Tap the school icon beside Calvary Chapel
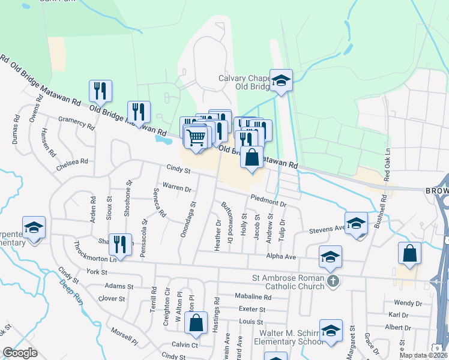click(280, 80)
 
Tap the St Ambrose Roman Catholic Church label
click(288, 281)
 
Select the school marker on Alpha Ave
click(330, 257)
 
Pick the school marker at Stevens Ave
click(356, 223)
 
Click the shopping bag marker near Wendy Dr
click(409, 253)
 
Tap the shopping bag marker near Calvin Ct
click(196, 323)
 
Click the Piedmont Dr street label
click(268, 200)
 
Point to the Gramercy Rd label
click(76, 123)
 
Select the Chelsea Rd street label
click(73, 164)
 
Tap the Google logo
click(20, 353)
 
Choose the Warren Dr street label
click(176, 187)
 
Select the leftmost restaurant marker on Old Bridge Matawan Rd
click(100, 91)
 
